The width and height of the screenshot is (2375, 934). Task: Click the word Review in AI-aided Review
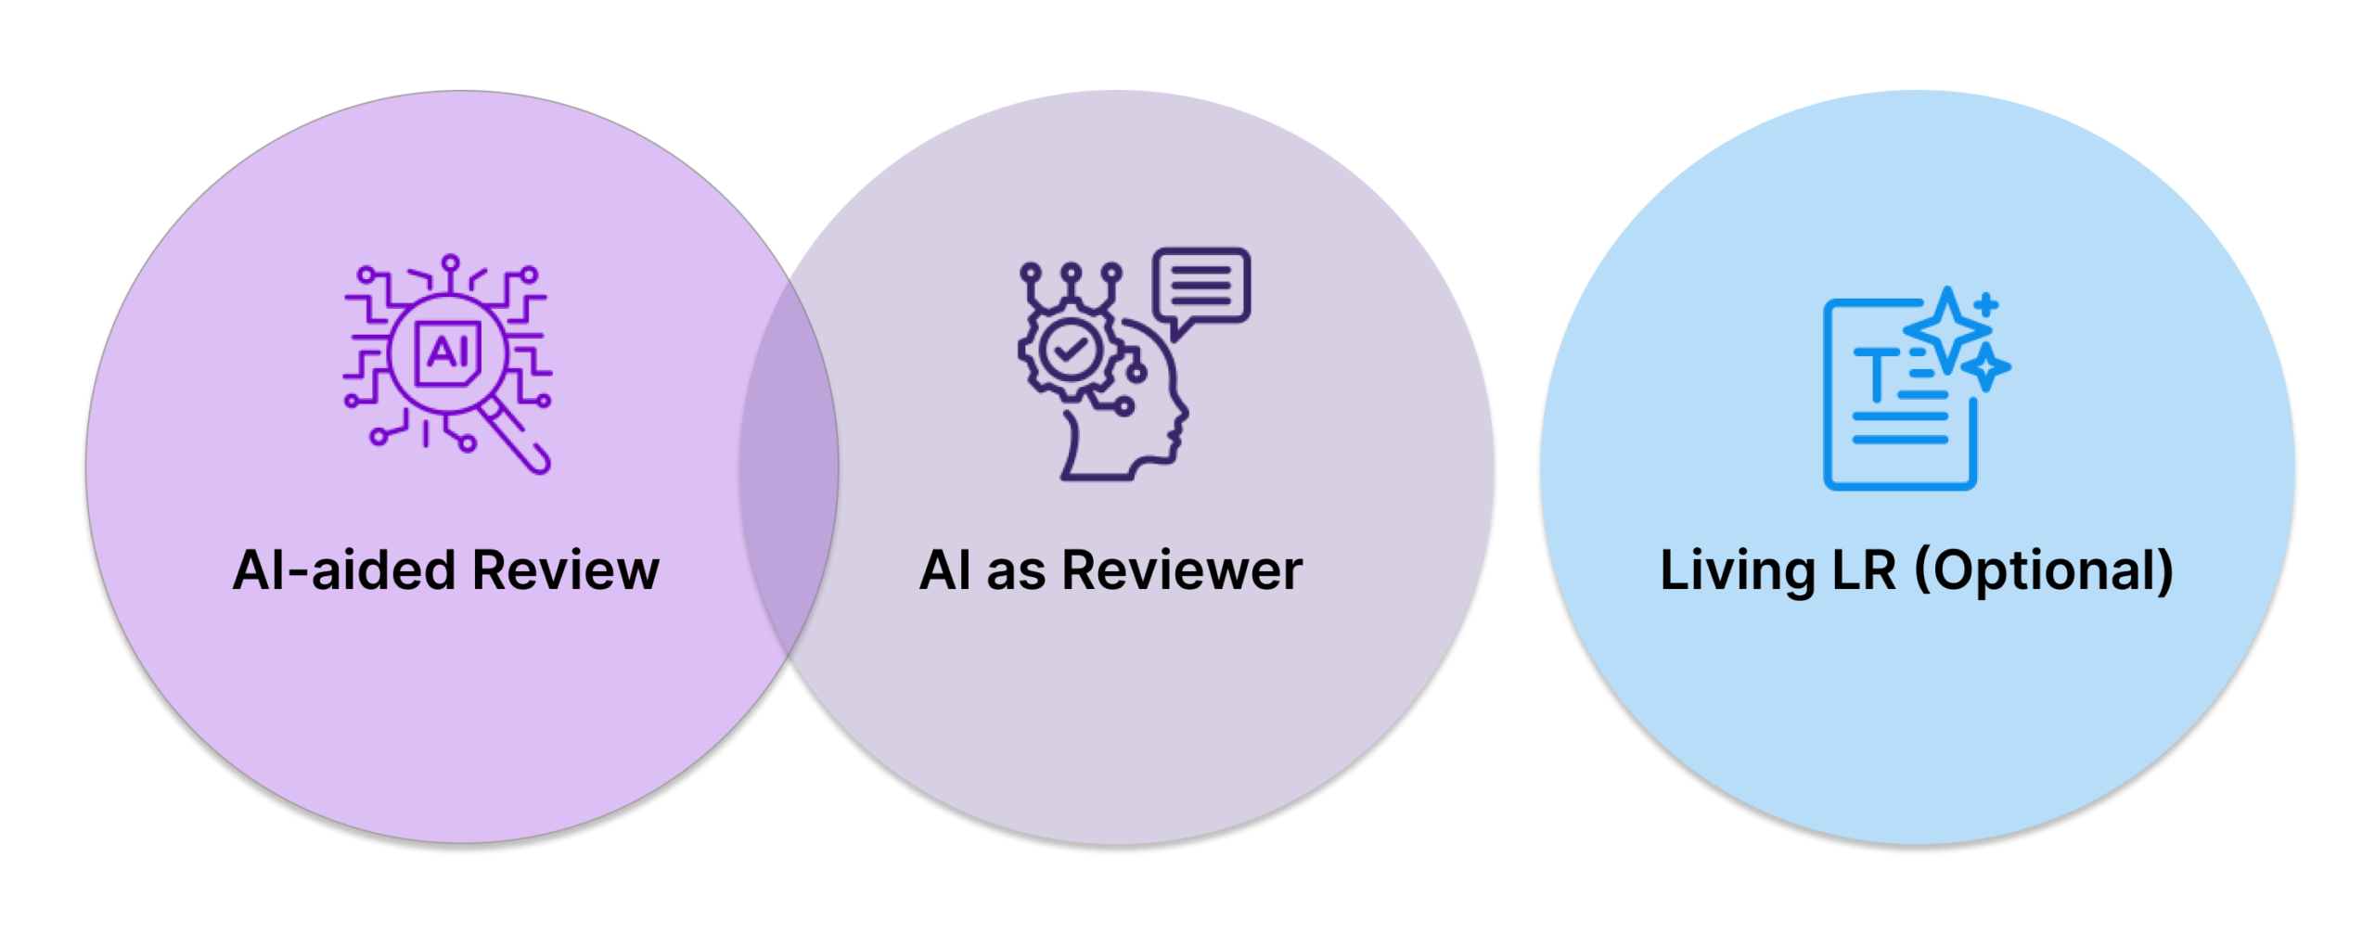click(x=565, y=569)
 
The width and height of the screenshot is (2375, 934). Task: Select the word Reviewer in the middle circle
click(x=1182, y=569)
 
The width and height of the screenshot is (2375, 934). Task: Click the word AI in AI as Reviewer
click(x=945, y=569)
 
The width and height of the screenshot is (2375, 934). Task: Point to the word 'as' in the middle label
click(x=1016, y=571)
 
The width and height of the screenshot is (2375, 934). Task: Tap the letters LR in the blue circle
click(x=1864, y=569)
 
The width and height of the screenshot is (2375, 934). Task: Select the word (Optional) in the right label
click(x=2045, y=571)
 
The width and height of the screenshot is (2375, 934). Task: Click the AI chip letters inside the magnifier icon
click(x=447, y=352)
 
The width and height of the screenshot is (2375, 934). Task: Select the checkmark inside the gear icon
click(x=1069, y=349)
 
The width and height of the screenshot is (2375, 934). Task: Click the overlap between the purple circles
click(x=789, y=468)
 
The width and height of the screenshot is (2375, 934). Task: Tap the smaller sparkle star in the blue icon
click(x=1986, y=366)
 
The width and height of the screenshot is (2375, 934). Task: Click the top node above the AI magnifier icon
click(x=451, y=262)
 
